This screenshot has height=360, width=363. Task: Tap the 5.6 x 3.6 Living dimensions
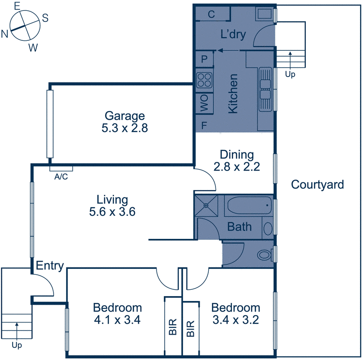point(112,211)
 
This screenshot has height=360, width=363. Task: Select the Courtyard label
point(317,185)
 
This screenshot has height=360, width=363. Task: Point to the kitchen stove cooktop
point(204,80)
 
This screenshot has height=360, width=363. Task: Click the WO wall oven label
point(204,104)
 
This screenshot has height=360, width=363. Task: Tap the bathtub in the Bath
point(248,207)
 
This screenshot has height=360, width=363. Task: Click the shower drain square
point(206,205)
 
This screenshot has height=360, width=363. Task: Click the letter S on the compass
point(45,18)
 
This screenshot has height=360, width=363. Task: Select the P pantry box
point(204,59)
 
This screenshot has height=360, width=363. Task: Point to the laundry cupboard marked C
point(211,14)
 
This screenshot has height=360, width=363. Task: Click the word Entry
point(49,266)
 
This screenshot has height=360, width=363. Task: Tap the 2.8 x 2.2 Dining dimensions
point(236,166)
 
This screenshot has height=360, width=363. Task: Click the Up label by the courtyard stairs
point(290,74)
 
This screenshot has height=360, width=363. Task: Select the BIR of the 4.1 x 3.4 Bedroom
point(173,326)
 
